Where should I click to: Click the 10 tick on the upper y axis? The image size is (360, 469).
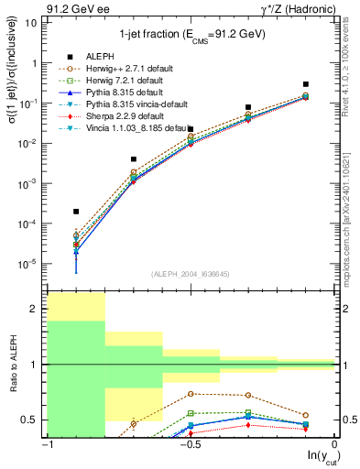[x=34, y=23]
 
